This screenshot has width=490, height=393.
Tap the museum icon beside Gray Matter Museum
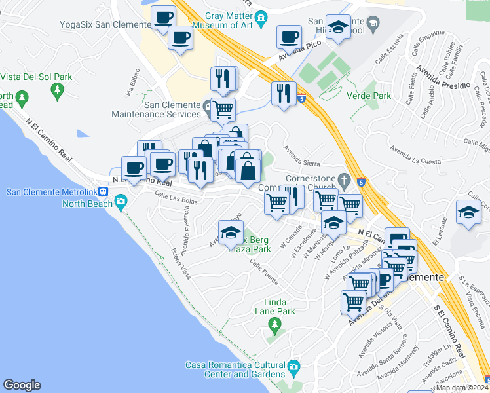262,17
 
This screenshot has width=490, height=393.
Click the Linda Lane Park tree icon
275,324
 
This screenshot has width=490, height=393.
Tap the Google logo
22,386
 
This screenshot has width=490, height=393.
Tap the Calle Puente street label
264,275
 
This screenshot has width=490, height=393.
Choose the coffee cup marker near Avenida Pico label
289,37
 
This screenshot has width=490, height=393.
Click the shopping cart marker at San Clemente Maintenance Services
223,109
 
